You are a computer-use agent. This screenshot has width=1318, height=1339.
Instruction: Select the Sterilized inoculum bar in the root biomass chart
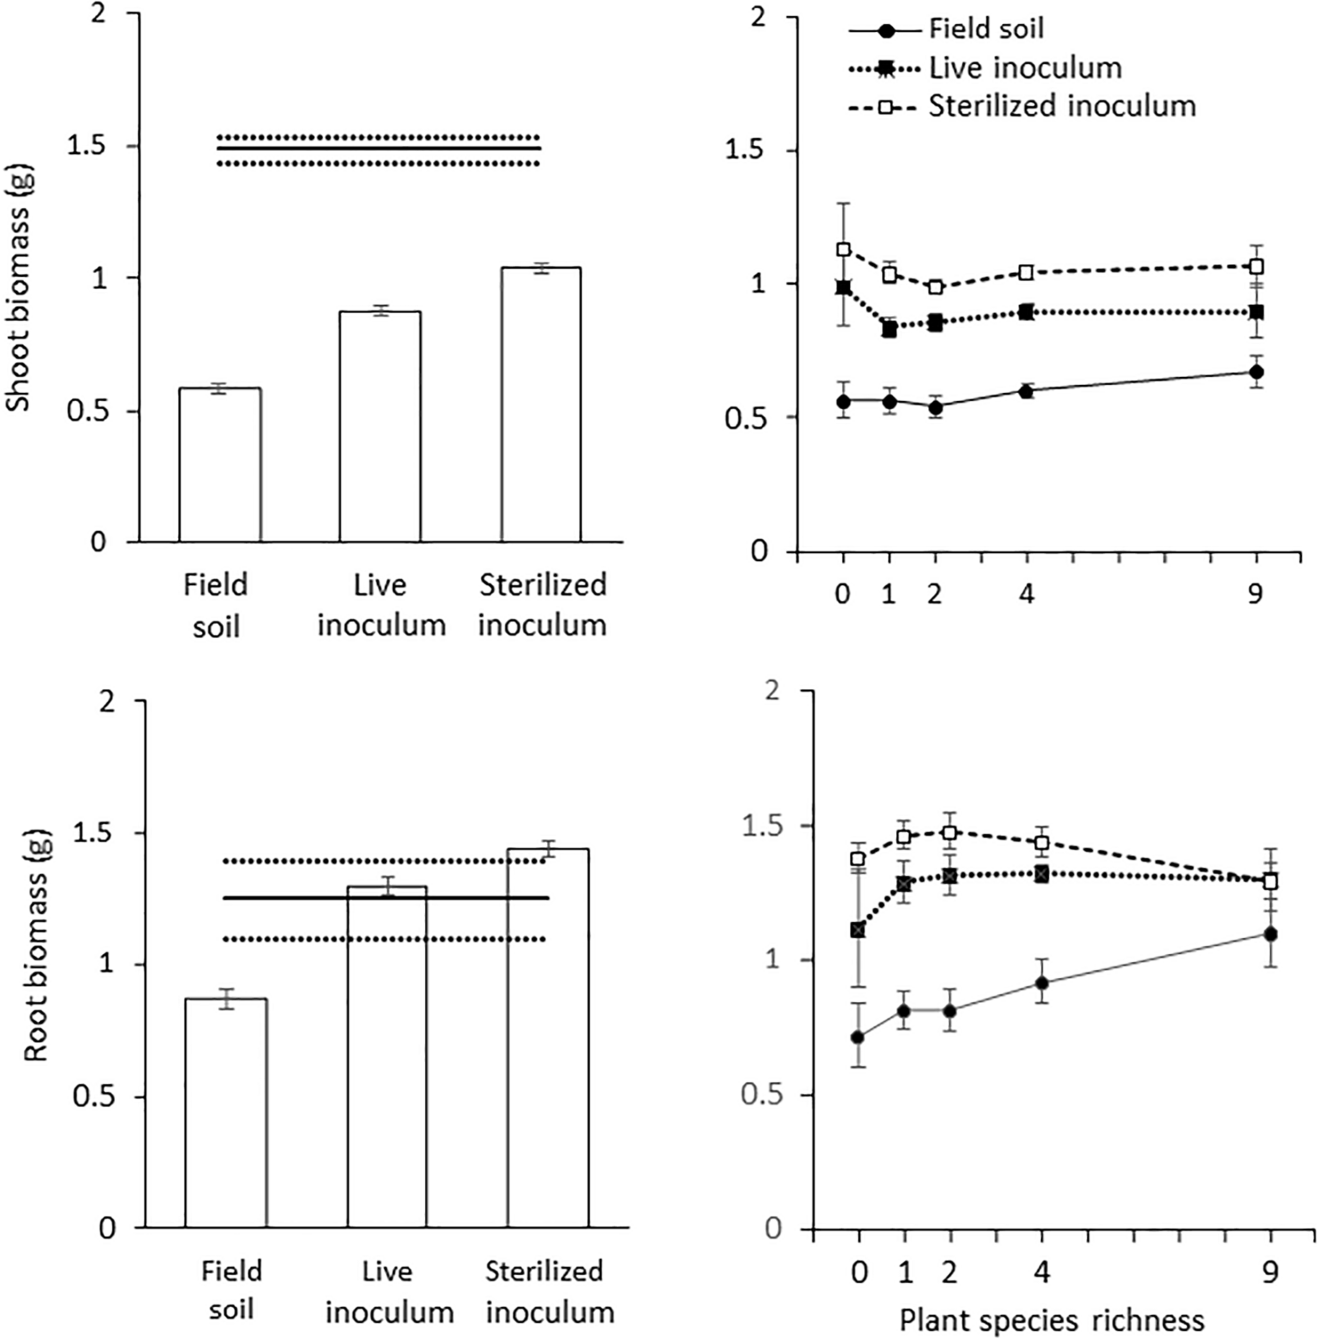(x=548, y=1038)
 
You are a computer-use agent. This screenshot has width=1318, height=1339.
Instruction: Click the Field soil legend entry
(x=985, y=29)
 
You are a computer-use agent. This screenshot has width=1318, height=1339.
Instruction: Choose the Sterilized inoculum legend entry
(x=1061, y=106)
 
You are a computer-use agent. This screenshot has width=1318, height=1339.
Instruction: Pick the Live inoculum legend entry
(x=1024, y=68)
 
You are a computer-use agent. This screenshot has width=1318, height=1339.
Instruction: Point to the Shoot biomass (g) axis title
(x=19, y=291)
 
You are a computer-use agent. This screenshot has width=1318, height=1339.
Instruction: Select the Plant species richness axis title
(x=1052, y=1320)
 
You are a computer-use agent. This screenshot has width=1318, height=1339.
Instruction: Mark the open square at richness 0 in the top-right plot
(x=843, y=249)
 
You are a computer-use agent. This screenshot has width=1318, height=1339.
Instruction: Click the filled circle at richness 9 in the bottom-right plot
(x=1270, y=934)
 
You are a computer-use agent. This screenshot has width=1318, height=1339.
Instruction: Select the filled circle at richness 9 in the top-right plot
(x=1257, y=372)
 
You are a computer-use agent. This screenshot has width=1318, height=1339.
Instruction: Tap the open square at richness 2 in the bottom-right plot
(x=950, y=832)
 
